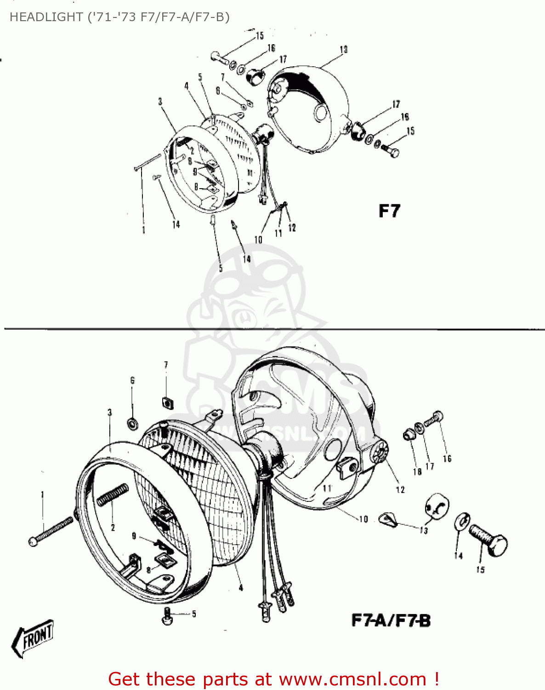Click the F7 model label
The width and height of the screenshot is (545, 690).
click(x=389, y=211)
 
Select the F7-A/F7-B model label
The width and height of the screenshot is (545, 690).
click(x=391, y=621)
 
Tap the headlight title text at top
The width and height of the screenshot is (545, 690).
click(x=119, y=17)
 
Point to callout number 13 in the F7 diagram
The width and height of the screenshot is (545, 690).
click(x=344, y=49)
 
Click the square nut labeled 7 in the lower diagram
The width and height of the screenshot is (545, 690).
click(x=167, y=402)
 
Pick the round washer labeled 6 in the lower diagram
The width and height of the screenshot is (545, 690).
click(x=133, y=422)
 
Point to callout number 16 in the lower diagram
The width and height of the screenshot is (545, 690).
click(x=447, y=458)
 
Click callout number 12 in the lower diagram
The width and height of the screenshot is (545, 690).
click(x=400, y=490)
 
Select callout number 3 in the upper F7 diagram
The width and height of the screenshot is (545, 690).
click(x=160, y=102)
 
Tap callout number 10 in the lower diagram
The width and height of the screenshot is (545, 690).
click(x=363, y=519)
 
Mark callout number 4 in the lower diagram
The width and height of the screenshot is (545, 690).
click(x=241, y=587)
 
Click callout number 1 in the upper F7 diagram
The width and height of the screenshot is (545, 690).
click(x=144, y=230)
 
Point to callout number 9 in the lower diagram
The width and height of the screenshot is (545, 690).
click(x=134, y=535)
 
